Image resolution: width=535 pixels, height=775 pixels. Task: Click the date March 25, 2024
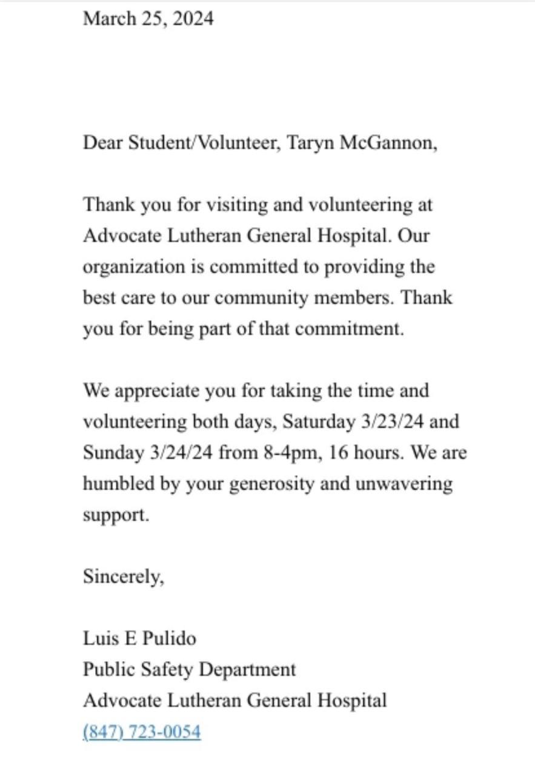point(148,19)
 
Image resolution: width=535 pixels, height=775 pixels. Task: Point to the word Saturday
point(317,422)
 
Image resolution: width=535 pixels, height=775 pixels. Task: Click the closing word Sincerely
point(123,577)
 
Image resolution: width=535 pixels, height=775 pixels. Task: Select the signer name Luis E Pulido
point(139,638)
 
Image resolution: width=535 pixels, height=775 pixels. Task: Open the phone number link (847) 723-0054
point(142,731)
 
